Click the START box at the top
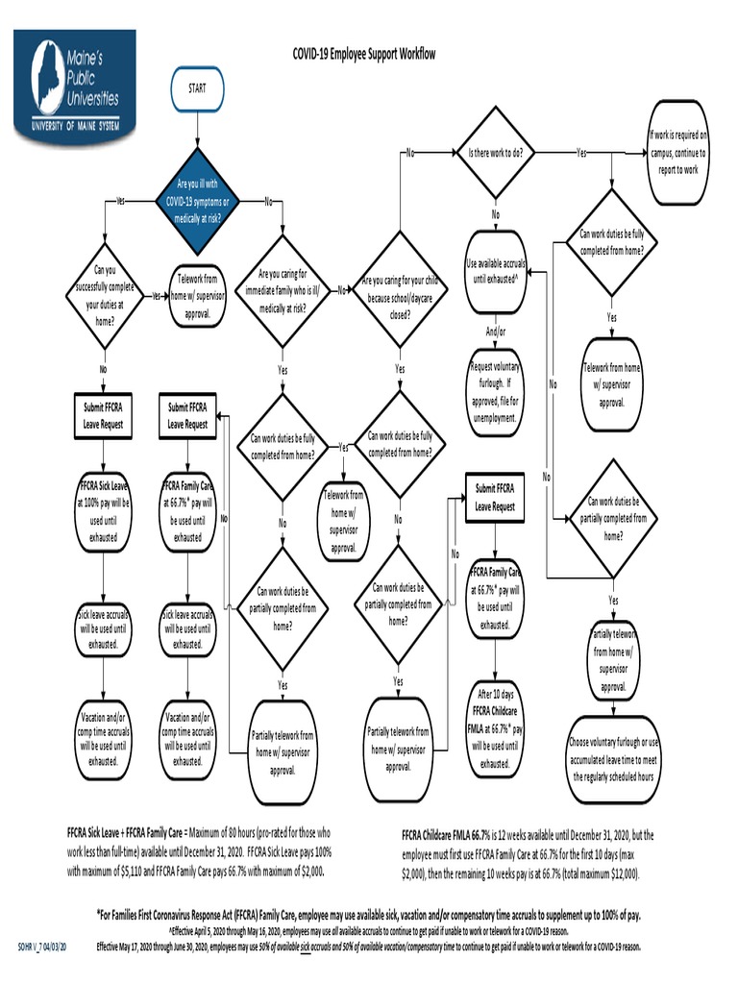[197, 89]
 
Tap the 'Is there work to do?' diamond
[496, 153]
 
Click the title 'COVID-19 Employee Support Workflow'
[364, 55]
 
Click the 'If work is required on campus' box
[678, 153]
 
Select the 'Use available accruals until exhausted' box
[495, 271]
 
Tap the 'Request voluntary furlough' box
[495, 392]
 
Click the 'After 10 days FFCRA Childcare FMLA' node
[495, 728]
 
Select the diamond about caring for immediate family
[283, 290]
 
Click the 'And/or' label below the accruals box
[496, 332]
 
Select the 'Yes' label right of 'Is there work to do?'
[582, 153]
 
